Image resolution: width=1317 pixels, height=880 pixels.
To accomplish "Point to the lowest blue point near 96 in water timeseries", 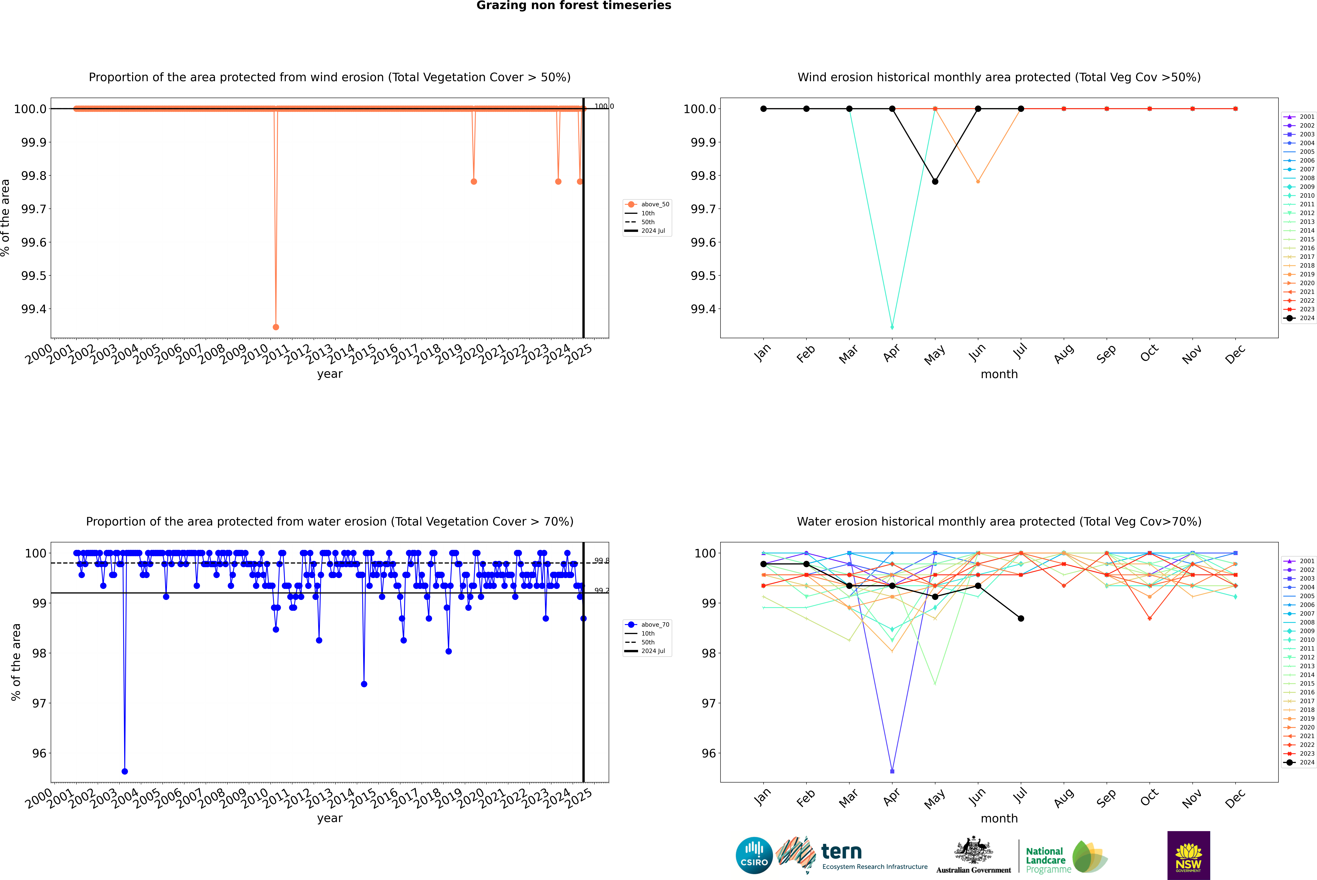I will coord(125,771).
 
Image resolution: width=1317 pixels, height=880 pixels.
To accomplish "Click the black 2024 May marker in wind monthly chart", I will coord(935,181).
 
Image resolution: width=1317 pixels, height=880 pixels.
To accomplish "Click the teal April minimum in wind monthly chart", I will coord(892,327).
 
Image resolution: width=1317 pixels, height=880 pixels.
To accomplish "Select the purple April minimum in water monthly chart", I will coord(892,771).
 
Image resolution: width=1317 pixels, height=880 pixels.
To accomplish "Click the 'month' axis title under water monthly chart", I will coord(999,818).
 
